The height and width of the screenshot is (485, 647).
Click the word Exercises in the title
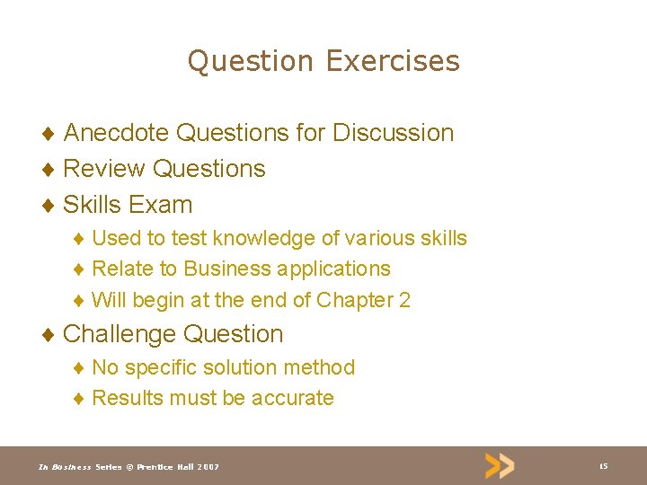[x=393, y=61]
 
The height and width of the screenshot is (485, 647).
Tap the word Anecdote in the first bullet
[x=116, y=133]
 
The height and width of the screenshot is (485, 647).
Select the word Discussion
[x=393, y=133]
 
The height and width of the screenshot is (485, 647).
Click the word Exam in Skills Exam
[x=161, y=205]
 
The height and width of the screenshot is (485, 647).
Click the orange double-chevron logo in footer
[x=500, y=465]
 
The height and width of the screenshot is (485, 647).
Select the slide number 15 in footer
[x=603, y=466]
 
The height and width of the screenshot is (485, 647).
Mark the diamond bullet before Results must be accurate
[x=79, y=399]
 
